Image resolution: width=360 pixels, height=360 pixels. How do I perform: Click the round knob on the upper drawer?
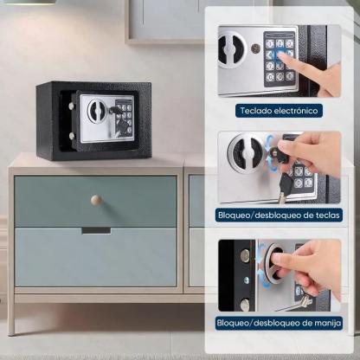pyautogui.click(x=96, y=200)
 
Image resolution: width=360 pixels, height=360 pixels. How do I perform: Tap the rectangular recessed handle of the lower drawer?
pyautogui.click(x=96, y=230)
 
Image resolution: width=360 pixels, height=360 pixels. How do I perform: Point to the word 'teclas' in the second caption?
pyautogui.click(x=325, y=215)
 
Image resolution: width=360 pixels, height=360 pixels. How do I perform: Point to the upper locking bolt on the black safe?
pyautogui.click(x=72, y=106)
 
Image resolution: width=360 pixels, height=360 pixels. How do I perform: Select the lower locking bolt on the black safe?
pyautogui.click(x=72, y=135)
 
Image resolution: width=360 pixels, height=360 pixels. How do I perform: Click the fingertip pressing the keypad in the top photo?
pyautogui.click(x=282, y=56)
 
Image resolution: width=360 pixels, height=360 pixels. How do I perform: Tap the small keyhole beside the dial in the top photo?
pyautogui.click(x=255, y=48)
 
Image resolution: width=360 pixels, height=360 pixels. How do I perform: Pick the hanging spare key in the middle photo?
pyautogui.click(x=284, y=187)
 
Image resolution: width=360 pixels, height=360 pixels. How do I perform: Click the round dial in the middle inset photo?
pyautogui.click(x=246, y=153)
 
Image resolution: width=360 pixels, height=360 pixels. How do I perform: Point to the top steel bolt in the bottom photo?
pyautogui.click(x=245, y=256)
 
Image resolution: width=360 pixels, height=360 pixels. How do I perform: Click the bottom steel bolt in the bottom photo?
pyautogui.click(x=245, y=304)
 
